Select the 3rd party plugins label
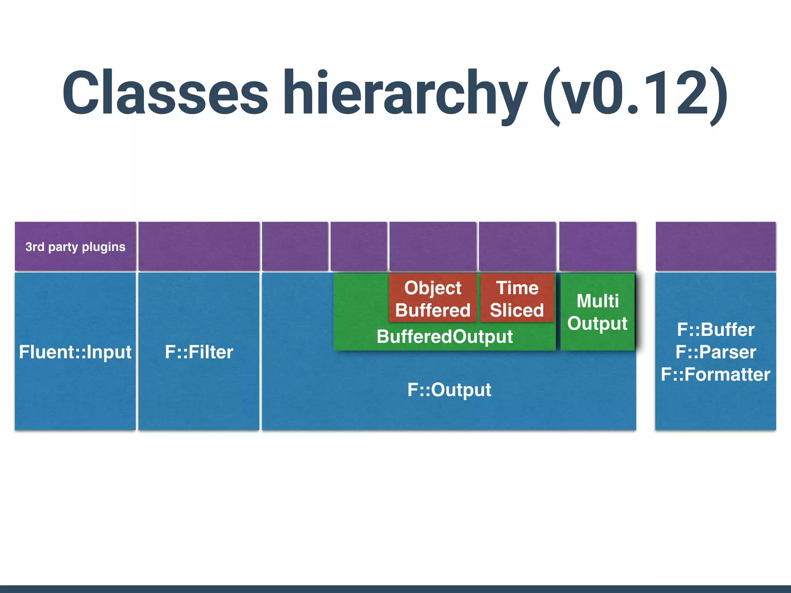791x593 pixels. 75,247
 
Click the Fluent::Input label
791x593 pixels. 75,352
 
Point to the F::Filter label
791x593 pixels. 199,352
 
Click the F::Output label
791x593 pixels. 449,390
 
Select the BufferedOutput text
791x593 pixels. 445,336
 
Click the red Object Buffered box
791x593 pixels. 433,298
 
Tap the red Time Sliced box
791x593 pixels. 517,298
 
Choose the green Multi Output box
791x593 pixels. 597,312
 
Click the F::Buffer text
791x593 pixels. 716,329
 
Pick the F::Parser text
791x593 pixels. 716,352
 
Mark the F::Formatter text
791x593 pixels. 716,374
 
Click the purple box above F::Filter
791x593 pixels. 199,246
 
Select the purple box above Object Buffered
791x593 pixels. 433,246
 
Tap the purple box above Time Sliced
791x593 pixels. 517,246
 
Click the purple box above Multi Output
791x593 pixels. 597,246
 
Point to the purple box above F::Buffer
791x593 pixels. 716,246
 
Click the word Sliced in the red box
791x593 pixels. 517,310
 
